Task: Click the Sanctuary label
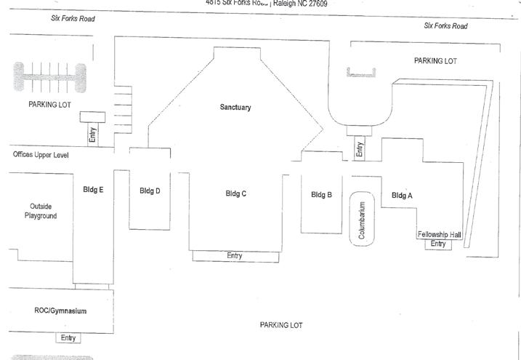[235, 108]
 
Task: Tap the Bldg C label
[236, 193]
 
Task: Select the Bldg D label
[150, 191]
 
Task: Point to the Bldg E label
[93, 190]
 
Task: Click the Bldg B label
[322, 194]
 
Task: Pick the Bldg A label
[402, 195]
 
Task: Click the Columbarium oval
[363, 219]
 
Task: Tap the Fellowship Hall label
[439, 234]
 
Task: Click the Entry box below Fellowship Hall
[438, 244]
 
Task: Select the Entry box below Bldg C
[235, 255]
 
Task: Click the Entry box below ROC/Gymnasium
[68, 337]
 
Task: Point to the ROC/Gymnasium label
[60, 311]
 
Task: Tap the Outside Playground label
[41, 211]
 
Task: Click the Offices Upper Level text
[47, 155]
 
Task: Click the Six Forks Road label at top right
[445, 26]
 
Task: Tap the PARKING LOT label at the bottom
[281, 325]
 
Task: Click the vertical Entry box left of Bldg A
[359, 149]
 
